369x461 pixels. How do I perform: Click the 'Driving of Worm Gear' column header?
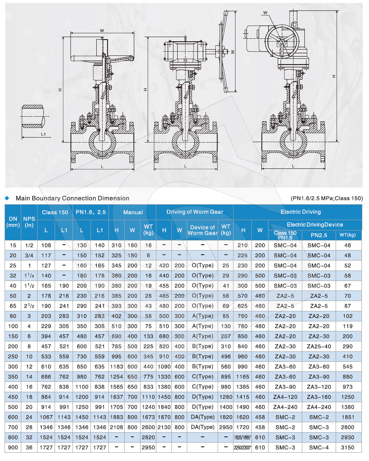(x=195, y=212)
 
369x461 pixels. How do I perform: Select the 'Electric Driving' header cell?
(x=301, y=212)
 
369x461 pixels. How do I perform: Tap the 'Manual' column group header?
(x=133, y=212)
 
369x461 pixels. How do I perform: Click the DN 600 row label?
(x=13, y=417)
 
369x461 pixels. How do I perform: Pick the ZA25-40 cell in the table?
(x=319, y=346)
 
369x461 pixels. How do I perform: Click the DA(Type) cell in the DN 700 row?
(x=203, y=427)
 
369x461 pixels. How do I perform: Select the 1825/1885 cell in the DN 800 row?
(x=243, y=438)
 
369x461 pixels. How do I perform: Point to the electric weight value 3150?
(x=348, y=448)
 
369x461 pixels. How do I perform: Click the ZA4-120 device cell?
(x=285, y=397)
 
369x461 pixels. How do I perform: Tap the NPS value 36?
(x=29, y=448)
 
